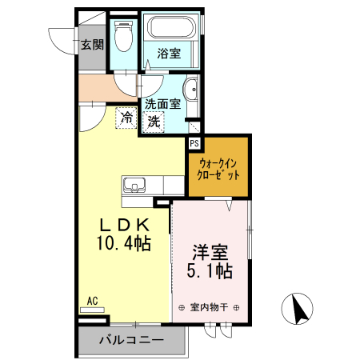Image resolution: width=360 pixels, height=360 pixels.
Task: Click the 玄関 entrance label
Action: (x=92, y=45)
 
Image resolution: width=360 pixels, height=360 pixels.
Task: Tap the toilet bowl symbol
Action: (x=123, y=36)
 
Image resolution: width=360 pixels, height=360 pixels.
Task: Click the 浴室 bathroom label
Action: (x=169, y=54)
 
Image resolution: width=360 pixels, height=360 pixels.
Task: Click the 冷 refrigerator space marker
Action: (x=126, y=118)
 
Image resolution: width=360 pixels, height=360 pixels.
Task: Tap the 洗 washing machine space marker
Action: (x=154, y=122)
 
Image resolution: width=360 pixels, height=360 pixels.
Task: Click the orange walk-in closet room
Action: (x=218, y=168)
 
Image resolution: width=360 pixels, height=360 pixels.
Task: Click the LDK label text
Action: (x=125, y=225)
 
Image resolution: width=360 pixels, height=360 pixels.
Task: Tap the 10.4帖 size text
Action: (x=124, y=243)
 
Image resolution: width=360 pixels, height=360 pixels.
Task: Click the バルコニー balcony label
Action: (x=131, y=340)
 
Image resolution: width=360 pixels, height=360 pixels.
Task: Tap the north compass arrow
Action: (x=298, y=309)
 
